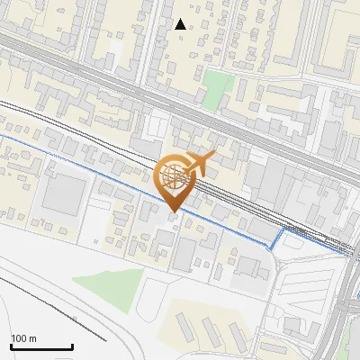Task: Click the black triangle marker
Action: pos(181,24)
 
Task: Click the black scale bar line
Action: pos(41,346)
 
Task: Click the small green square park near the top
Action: pos(217,86)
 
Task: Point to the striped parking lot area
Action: pos(301,288)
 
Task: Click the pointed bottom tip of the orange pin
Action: pos(174,211)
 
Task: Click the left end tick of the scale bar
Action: pos(11,346)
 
